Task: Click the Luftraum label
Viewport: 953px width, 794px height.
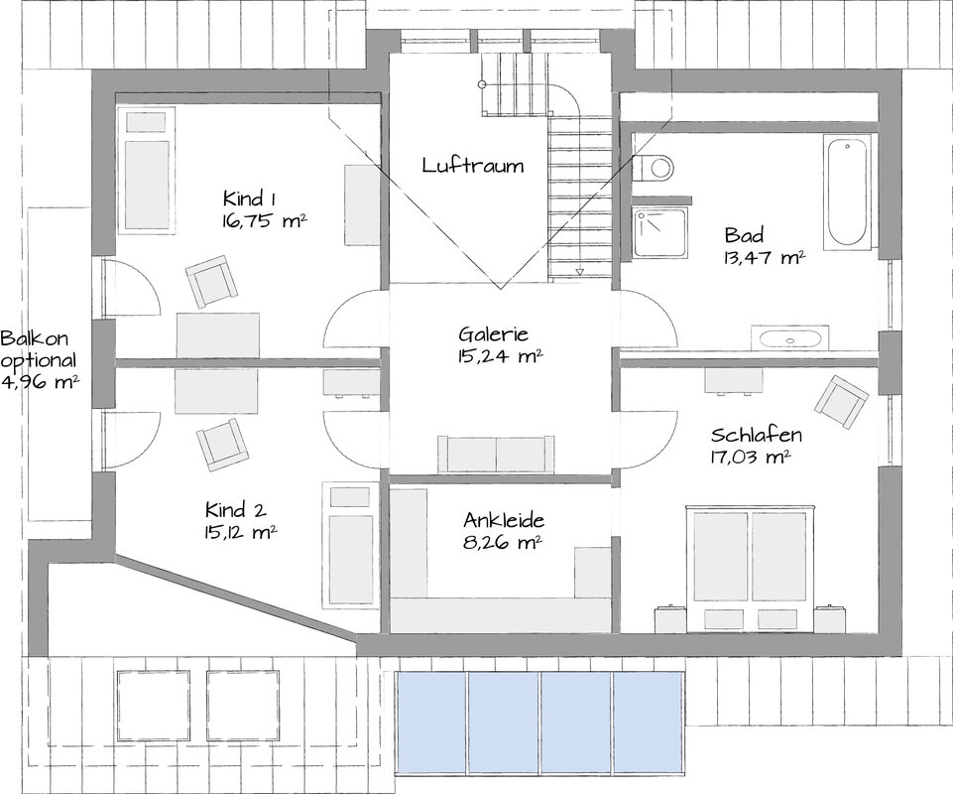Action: (473, 166)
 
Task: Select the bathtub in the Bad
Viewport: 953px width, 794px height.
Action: (847, 193)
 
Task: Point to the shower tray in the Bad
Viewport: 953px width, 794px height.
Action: (660, 232)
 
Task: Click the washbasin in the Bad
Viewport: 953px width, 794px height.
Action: (789, 337)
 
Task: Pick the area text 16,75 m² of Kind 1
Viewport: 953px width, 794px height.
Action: (264, 220)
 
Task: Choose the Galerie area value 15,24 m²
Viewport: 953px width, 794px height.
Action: (500, 356)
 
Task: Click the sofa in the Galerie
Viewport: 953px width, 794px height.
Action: (496, 454)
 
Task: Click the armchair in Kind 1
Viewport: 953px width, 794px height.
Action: (210, 281)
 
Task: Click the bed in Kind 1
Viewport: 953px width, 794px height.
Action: (147, 171)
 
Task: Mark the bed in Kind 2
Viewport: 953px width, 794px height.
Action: (350, 545)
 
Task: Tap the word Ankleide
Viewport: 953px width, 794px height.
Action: (504, 520)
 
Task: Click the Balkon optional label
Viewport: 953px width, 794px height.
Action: (39, 348)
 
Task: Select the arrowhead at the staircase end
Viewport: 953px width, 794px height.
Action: (579, 272)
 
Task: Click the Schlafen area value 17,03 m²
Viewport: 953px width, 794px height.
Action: (750, 457)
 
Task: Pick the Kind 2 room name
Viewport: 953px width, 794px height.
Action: (235, 510)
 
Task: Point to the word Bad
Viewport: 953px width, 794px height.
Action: (744, 235)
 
